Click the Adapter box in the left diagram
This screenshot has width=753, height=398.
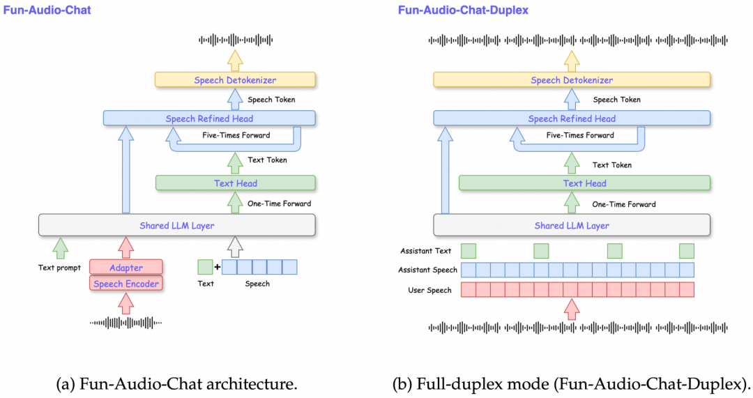point(126,268)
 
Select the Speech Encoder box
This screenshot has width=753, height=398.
point(126,284)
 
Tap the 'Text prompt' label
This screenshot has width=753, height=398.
point(59,268)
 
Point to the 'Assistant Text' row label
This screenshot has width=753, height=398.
point(425,251)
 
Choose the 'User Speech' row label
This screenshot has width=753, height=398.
point(429,290)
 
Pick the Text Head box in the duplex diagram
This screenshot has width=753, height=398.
point(584,183)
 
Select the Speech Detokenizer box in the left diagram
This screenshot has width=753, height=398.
point(235,80)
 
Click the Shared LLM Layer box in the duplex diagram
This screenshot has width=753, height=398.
point(572,225)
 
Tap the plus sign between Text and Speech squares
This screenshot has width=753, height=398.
point(217,267)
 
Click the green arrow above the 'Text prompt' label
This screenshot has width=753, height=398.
point(61,247)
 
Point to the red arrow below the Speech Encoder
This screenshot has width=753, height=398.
point(126,303)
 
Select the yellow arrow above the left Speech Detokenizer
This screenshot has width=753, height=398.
point(235,60)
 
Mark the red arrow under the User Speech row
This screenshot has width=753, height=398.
point(572,308)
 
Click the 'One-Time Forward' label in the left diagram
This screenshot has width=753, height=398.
point(279,204)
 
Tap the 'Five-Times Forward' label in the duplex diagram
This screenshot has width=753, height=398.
point(580,135)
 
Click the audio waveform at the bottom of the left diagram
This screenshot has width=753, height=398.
point(126,323)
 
